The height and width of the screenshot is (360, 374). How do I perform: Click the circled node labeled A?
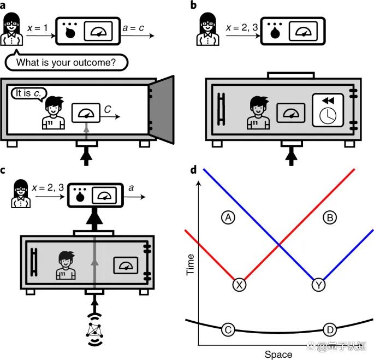pos(228,217)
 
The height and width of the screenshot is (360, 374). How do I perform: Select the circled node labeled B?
pos(330,217)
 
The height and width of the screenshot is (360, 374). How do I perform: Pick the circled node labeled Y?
pos(318,285)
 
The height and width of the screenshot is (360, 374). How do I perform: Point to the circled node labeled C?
pos(228,330)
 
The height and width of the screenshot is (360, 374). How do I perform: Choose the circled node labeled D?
pos(329,330)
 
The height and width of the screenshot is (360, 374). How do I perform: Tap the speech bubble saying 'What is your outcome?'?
pos(66,62)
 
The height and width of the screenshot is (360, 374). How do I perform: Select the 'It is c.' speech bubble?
pos(27,93)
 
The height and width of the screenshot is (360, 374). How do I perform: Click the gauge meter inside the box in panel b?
pos(289,113)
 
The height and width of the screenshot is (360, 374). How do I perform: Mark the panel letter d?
pos(193,170)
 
